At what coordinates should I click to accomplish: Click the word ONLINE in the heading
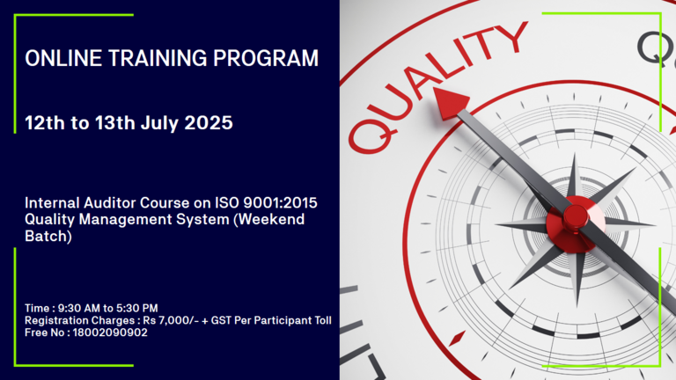63,58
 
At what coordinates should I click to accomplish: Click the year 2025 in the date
209,123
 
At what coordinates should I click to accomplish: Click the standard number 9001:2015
280,202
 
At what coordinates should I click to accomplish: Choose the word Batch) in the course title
48,236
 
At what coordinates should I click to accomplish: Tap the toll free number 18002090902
110,332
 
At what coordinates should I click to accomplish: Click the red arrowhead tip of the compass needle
434,89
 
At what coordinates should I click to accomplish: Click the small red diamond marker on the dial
457,339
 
